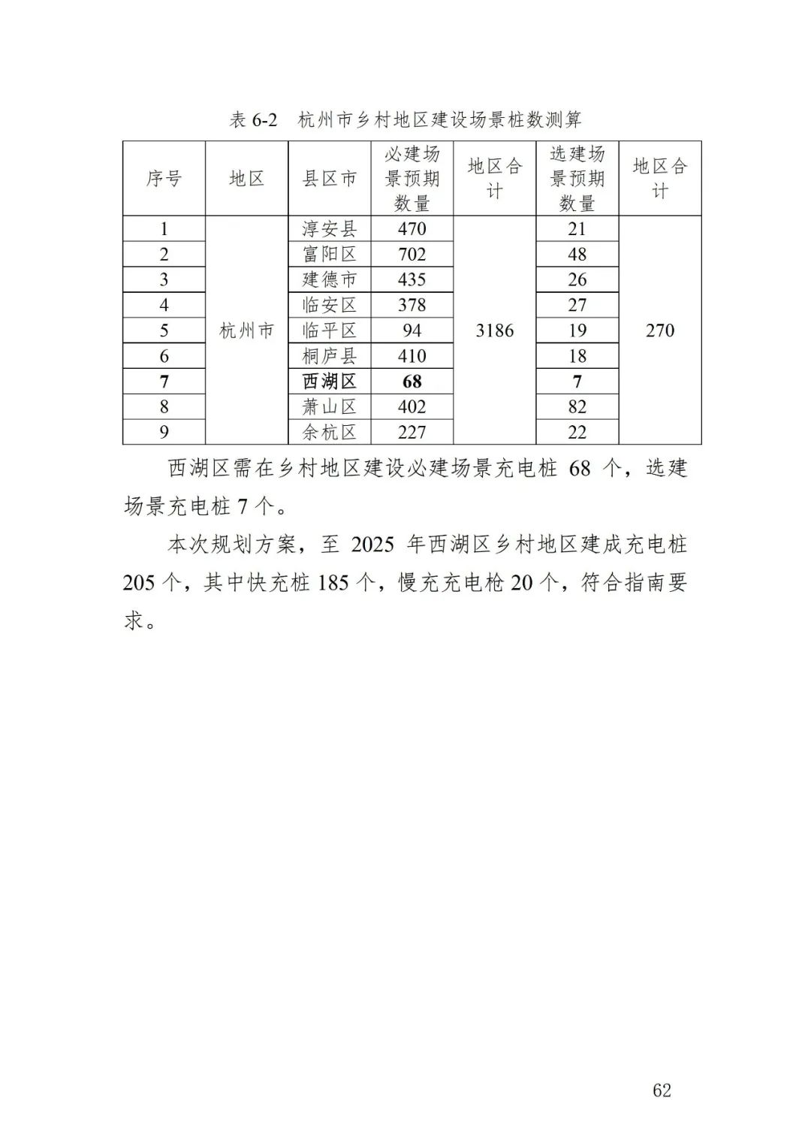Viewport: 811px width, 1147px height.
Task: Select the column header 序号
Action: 164,179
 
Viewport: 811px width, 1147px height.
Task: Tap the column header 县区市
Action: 330,179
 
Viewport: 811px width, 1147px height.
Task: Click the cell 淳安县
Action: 330,229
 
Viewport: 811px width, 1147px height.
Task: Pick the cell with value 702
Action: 412,255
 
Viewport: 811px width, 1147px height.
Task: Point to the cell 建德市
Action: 330,280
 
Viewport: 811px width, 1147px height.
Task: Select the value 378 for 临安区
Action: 412,305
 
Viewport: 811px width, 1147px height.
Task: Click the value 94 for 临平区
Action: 412,331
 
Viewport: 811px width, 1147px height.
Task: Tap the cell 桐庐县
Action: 330,356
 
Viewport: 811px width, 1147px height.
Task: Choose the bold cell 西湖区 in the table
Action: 330,382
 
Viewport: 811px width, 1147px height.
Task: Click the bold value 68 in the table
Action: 412,382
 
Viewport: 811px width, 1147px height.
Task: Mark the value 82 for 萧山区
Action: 577,407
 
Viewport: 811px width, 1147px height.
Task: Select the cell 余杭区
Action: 330,433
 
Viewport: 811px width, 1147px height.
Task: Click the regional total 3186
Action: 495,331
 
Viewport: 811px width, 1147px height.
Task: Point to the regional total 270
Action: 660,331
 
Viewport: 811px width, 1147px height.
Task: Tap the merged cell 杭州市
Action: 247,331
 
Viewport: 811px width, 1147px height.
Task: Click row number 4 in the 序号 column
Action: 164,305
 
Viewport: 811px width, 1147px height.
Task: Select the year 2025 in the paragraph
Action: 372,545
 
